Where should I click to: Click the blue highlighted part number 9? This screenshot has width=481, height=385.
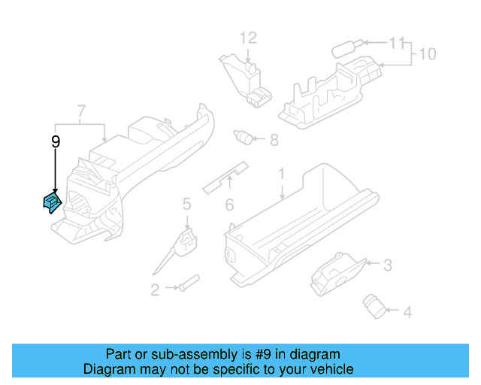pyautogui.click(x=51, y=202)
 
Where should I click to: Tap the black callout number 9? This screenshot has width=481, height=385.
pyautogui.click(x=55, y=141)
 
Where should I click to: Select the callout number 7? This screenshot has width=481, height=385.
pyautogui.click(x=80, y=114)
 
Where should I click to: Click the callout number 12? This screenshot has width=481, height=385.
pyautogui.click(x=248, y=37)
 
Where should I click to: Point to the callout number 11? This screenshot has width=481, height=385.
pyautogui.click(x=396, y=43)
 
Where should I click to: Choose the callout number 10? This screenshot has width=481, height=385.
pyautogui.click(x=427, y=55)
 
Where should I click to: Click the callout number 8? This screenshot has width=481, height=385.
pyautogui.click(x=274, y=139)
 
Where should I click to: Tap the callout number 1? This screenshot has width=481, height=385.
pyautogui.click(x=282, y=174)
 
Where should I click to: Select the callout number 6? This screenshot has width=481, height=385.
pyautogui.click(x=230, y=204)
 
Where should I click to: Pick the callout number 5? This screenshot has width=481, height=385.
pyautogui.click(x=186, y=203)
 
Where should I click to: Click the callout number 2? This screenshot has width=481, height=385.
pyautogui.click(x=155, y=290)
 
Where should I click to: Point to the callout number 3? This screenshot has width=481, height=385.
pyautogui.click(x=387, y=265)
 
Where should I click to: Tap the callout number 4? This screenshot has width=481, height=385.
pyautogui.click(x=407, y=311)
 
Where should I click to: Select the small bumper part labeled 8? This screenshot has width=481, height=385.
pyautogui.click(x=242, y=137)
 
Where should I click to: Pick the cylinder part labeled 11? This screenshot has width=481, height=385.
pyautogui.click(x=345, y=48)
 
